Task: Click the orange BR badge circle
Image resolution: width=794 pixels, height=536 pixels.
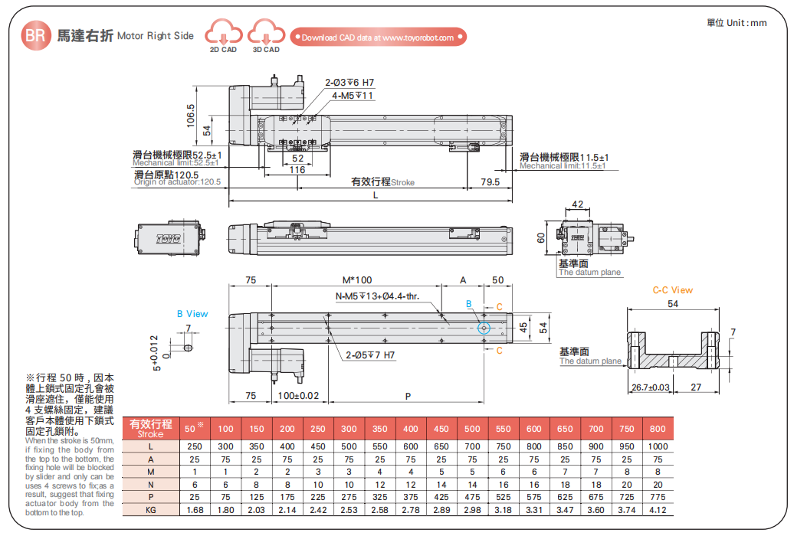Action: (36, 35)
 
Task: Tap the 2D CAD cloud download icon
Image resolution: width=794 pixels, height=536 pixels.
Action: (223, 34)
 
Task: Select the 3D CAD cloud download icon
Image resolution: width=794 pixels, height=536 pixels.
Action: (266, 34)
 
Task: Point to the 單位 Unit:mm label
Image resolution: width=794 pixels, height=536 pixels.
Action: (737, 22)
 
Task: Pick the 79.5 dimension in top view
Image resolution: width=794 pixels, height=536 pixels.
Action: (489, 181)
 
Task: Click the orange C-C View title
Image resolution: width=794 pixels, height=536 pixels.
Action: (672, 290)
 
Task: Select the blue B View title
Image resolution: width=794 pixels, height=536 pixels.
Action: (192, 314)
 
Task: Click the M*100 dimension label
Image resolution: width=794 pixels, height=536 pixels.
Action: (356, 280)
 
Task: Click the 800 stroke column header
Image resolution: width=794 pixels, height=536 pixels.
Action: (657, 429)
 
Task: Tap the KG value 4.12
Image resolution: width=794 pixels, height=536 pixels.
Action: (657, 508)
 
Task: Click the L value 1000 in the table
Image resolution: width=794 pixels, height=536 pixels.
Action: (657, 446)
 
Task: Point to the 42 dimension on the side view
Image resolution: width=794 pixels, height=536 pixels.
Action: (578, 204)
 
